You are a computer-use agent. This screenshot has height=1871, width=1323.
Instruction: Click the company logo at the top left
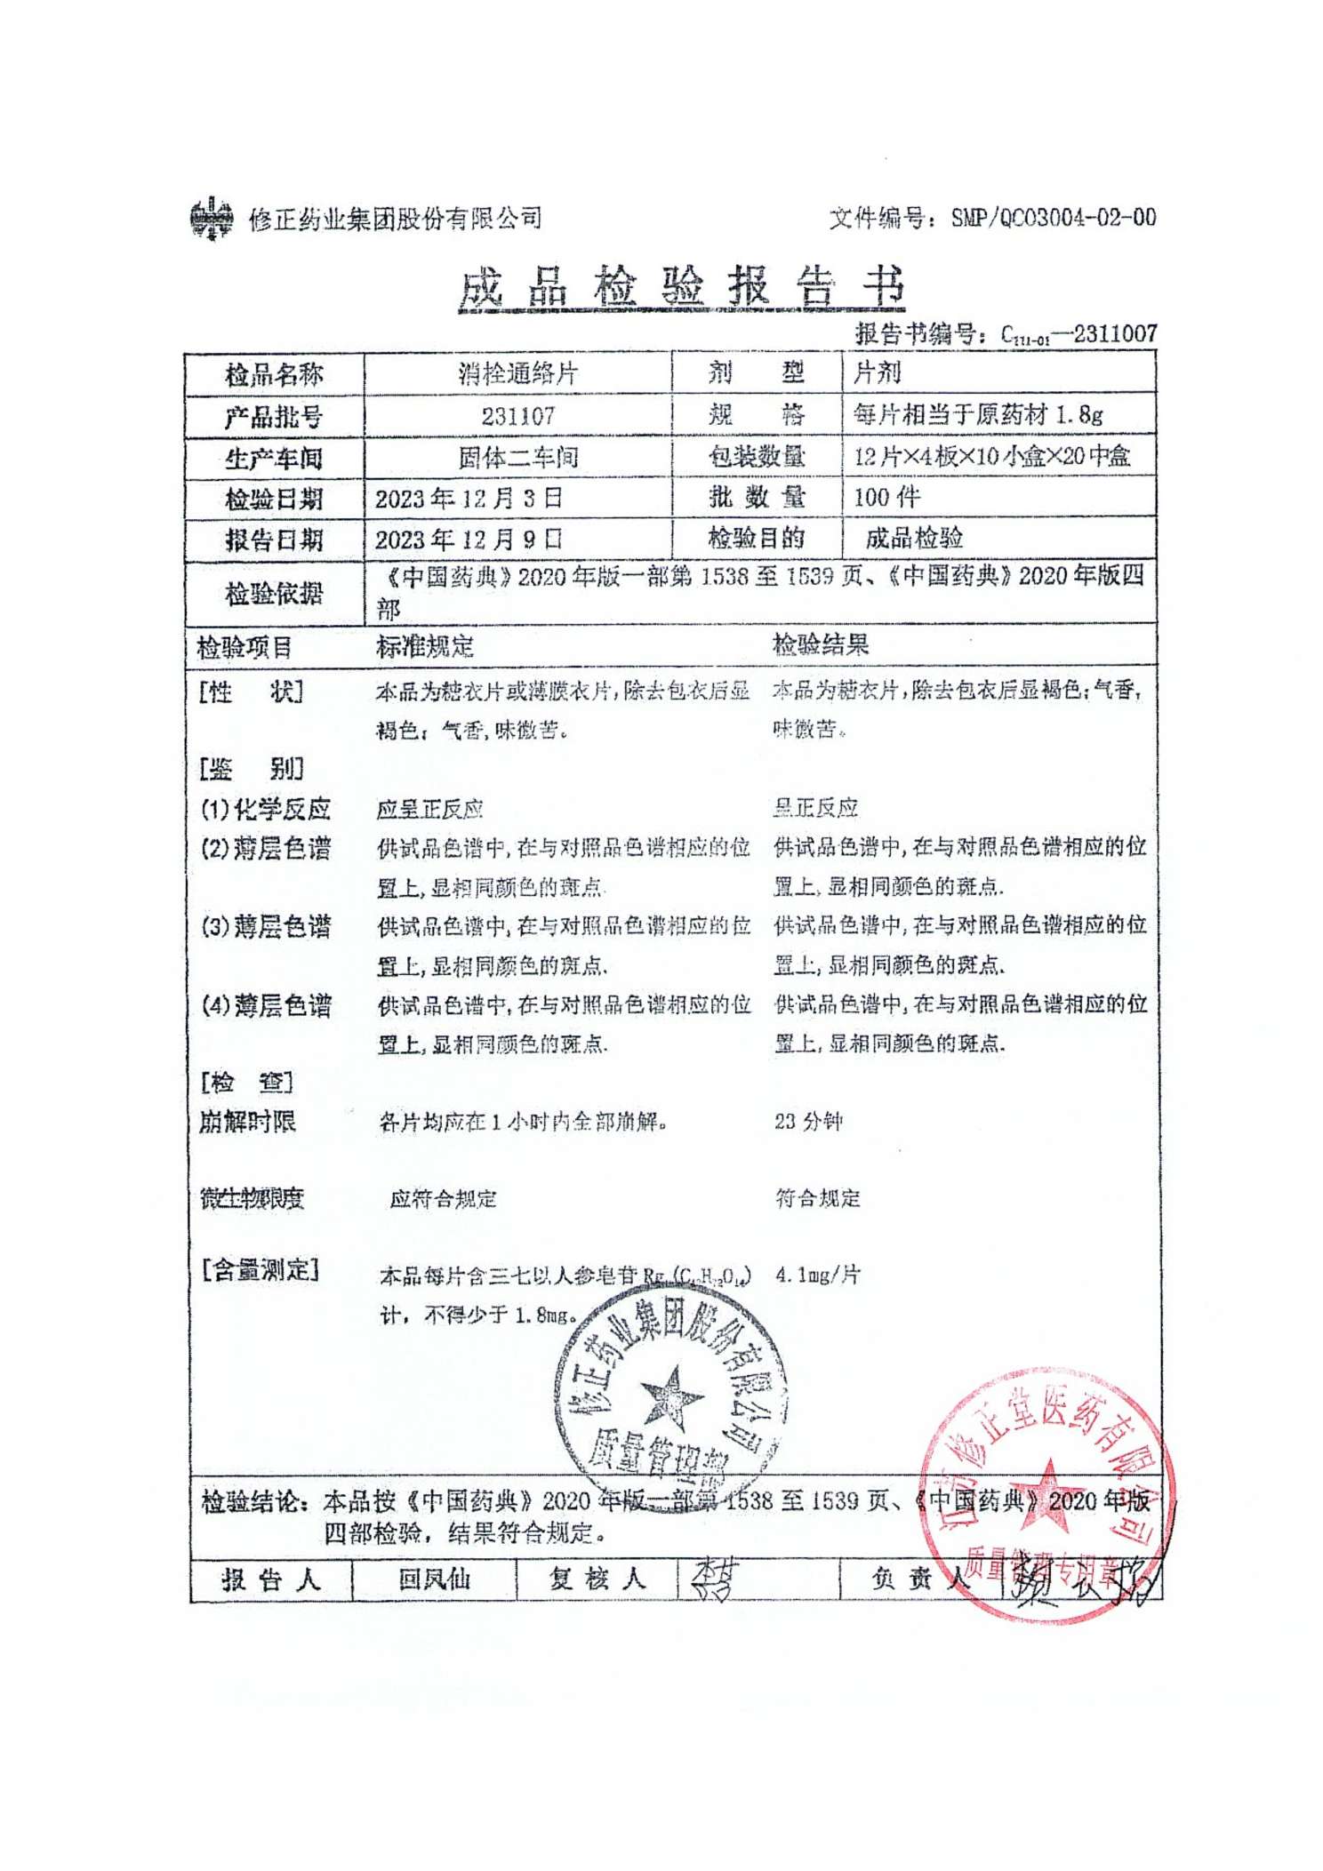tap(212, 218)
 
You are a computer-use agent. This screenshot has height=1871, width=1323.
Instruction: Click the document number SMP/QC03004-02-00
tap(1053, 218)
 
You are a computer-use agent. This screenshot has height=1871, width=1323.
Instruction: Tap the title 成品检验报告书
tap(681, 286)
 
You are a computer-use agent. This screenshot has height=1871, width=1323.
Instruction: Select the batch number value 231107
tap(517, 415)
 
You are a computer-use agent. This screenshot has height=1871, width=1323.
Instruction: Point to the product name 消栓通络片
tap(517, 373)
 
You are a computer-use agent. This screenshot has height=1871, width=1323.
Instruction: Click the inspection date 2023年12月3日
tap(469, 498)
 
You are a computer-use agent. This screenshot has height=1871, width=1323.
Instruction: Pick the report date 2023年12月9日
tap(469, 539)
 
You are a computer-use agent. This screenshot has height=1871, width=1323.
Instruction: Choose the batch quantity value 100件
tap(886, 497)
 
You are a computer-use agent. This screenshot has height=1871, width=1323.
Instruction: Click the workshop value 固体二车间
tap(517, 457)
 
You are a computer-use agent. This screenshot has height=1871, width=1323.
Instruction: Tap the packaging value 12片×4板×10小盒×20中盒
tap(991, 456)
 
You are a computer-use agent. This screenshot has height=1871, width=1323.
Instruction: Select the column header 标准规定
tap(424, 646)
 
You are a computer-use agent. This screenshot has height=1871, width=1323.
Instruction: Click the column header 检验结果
tap(820, 644)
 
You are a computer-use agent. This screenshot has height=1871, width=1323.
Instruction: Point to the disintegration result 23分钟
tap(807, 1121)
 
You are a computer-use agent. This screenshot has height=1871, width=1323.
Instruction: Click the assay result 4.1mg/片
tap(817, 1275)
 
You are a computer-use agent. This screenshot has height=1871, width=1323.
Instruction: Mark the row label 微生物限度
tap(252, 1198)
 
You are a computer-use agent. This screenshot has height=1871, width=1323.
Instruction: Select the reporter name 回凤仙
tap(434, 1579)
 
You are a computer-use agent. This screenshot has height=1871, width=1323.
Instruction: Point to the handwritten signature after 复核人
tap(713, 1579)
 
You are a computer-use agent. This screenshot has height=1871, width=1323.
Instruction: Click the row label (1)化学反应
tap(265, 809)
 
